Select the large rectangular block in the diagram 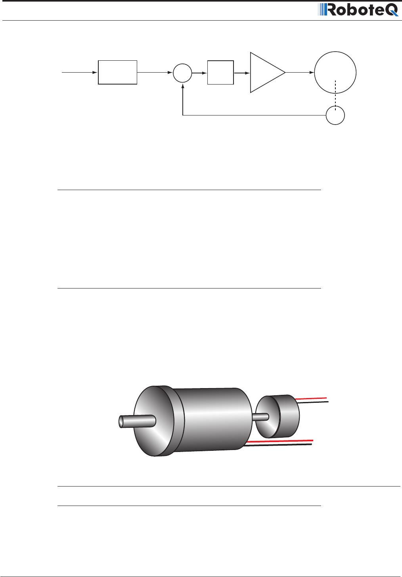tap(117, 72)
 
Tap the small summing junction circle tap(182, 73)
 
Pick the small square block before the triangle tap(220, 73)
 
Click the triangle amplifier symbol tap(265, 72)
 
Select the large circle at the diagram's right tap(335, 72)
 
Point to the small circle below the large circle tap(335, 115)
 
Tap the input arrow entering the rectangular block tap(79, 72)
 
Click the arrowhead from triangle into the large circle tap(312, 73)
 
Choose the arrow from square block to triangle tap(242, 73)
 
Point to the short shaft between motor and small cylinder tap(260, 417)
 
